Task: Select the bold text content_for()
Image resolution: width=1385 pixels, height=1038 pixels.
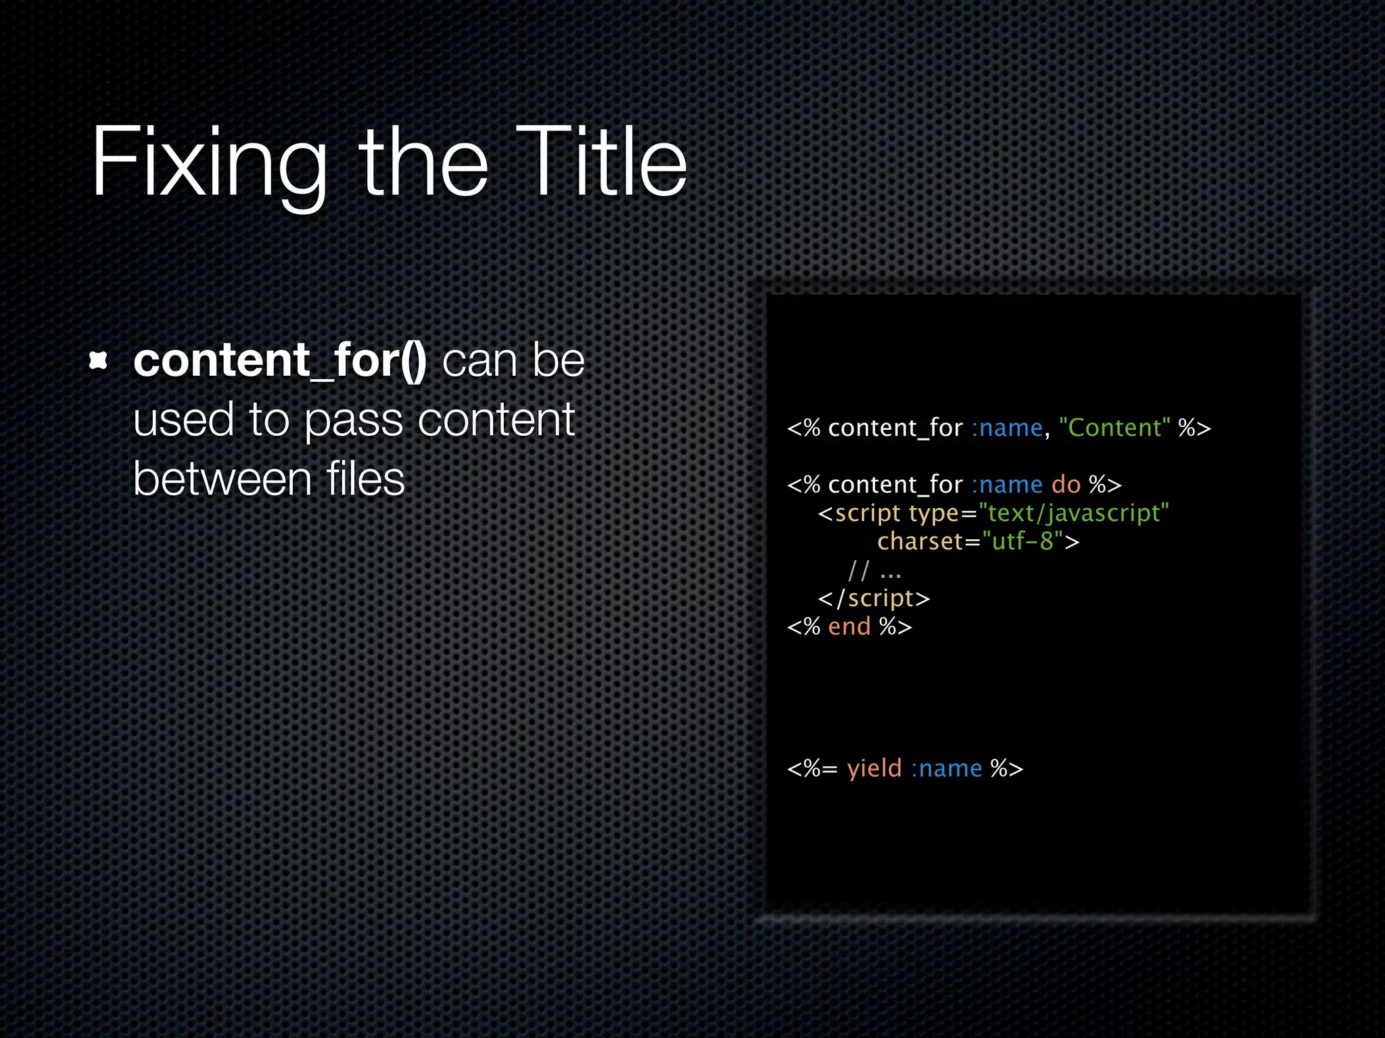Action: [x=279, y=360]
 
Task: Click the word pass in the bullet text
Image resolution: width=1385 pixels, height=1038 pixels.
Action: [x=354, y=420]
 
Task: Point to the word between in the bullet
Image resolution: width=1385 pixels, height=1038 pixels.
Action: [x=222, y=479]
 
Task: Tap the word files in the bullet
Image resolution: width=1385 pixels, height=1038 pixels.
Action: [x=365, y=479]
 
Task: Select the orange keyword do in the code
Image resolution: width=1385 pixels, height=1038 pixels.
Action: [x=1066, y=485]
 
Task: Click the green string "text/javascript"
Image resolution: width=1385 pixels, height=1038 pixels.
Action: [x=1073, y=513]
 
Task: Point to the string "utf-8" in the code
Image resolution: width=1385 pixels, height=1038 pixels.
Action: [x=1023, y=541]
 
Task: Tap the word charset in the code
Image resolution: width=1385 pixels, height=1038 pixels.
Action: [x=920, y=541]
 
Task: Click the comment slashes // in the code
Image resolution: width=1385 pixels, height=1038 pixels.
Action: [x=858, y=571]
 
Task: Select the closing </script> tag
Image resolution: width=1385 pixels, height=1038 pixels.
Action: [x=874, y=599]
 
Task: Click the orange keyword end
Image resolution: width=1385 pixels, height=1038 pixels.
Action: [x=849, y=626]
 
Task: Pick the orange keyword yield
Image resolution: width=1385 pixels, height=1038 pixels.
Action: [x=874, y=768]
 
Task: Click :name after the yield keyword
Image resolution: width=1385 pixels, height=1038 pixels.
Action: [x=946, y=768]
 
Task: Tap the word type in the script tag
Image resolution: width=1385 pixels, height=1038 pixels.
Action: [x=934, y=514]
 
